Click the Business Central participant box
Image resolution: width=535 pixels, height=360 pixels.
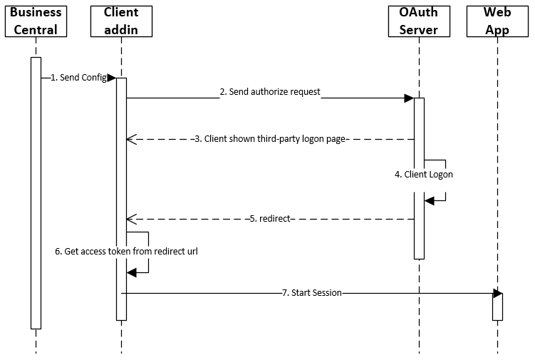click(x=36, y=21)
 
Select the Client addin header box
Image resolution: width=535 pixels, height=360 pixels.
click(x=121, y=21)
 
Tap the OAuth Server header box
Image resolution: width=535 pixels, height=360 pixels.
click(x=419, y=21)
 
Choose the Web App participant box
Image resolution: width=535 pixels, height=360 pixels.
click(x=497, y=21)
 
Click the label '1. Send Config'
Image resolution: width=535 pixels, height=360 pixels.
click(x=78, y=78)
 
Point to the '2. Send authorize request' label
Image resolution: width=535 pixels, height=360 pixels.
click(x=269, y=92)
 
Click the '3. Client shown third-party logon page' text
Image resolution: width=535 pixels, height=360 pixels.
click(x=271, y=139)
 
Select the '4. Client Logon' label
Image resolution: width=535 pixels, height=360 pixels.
click(x=424, y=174)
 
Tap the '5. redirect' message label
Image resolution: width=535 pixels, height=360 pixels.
click(x=270, y=219)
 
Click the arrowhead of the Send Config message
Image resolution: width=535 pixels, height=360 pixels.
click(x=112, y=78)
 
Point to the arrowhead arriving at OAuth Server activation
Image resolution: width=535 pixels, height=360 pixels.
click(x=409, y=98)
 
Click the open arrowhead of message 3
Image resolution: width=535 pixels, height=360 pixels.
click(x=131, y=139)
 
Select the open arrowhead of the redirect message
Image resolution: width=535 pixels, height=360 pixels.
click(x=131, y=219)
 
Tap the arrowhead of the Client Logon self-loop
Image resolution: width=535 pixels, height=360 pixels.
click(x=429, y=201)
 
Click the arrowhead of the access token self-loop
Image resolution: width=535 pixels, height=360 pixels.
click(x=131, y=272)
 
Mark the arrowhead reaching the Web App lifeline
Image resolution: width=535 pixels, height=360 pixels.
click(x=497, y=293)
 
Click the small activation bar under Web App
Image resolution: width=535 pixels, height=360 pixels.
click(x=497, y=307)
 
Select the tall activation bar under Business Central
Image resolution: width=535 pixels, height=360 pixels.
click(x=36, y=192)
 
